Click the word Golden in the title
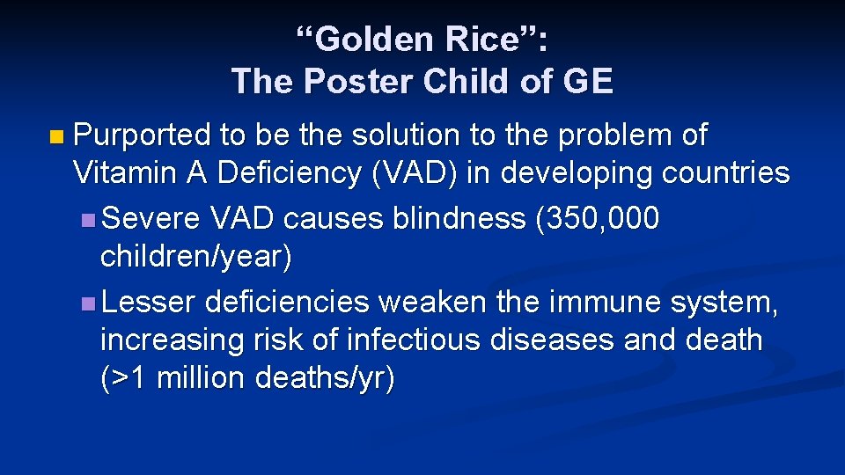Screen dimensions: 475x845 tap(361, 40)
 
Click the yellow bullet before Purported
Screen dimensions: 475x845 tap(57, 137)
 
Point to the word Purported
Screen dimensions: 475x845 tap(143, 136)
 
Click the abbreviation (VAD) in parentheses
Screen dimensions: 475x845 tap(415, 173)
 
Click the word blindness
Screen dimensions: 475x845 tap(456, 218)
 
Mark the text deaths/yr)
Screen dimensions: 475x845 tap(326, 378)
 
